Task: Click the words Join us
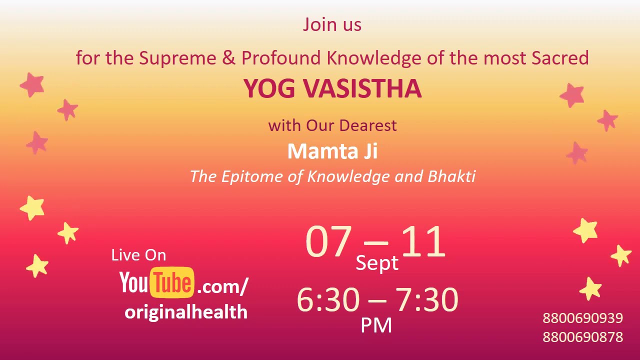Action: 332,24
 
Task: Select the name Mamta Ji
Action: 332,151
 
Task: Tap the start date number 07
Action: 328,242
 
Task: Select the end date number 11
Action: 423,242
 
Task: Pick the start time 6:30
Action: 328,300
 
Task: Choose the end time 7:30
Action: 427,300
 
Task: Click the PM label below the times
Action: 376,325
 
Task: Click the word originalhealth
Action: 186,312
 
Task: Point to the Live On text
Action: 138,255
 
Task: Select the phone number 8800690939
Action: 582,318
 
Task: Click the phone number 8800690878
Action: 582,337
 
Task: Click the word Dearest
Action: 372,125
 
